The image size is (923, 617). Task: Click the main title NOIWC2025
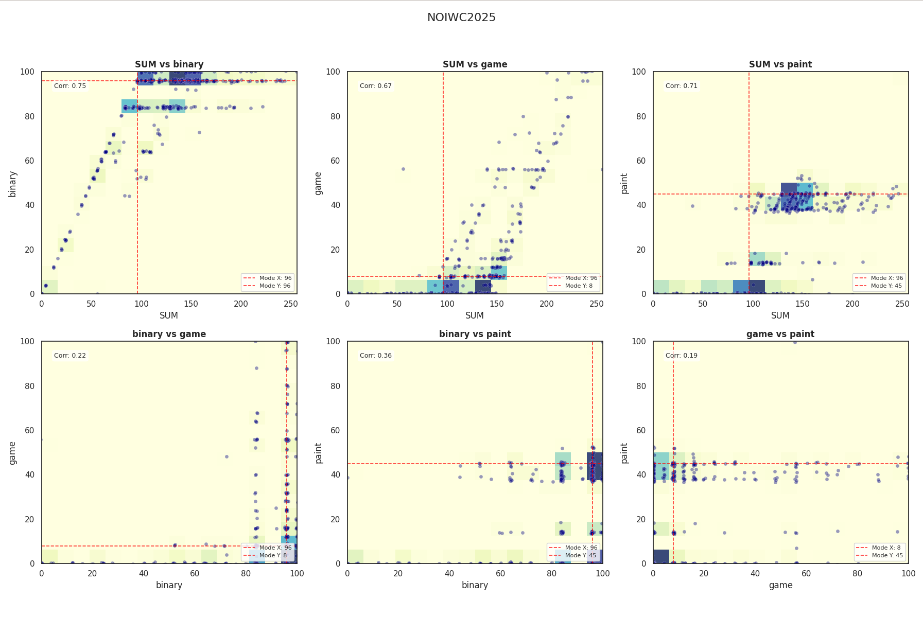pos(461,17)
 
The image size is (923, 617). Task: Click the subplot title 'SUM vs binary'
pos(169,64)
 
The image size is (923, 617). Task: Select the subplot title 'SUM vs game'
pos(475,64)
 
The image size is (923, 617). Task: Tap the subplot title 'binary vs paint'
pos(475,334)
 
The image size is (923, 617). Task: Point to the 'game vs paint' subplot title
pos(780,334)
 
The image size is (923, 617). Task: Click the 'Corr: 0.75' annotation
pos(70,86)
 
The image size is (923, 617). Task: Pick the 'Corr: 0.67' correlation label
pos(376,86)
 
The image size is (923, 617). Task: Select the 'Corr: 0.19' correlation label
pos(682,356)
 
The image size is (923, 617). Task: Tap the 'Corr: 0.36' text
pos(376,356)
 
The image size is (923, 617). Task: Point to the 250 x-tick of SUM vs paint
pos(902,304)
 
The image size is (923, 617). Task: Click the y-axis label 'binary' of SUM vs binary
pos(13,184)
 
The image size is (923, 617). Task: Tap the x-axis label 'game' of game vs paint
pos(780,585)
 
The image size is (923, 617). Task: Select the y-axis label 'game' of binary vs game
pos(13,453)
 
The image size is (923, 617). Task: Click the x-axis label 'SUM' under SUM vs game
pos(475,315)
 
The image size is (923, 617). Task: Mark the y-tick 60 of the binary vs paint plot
pos(335,431)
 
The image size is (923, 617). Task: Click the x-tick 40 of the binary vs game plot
pos(143,574)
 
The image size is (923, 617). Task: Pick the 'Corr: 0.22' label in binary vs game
pos(70,356)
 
